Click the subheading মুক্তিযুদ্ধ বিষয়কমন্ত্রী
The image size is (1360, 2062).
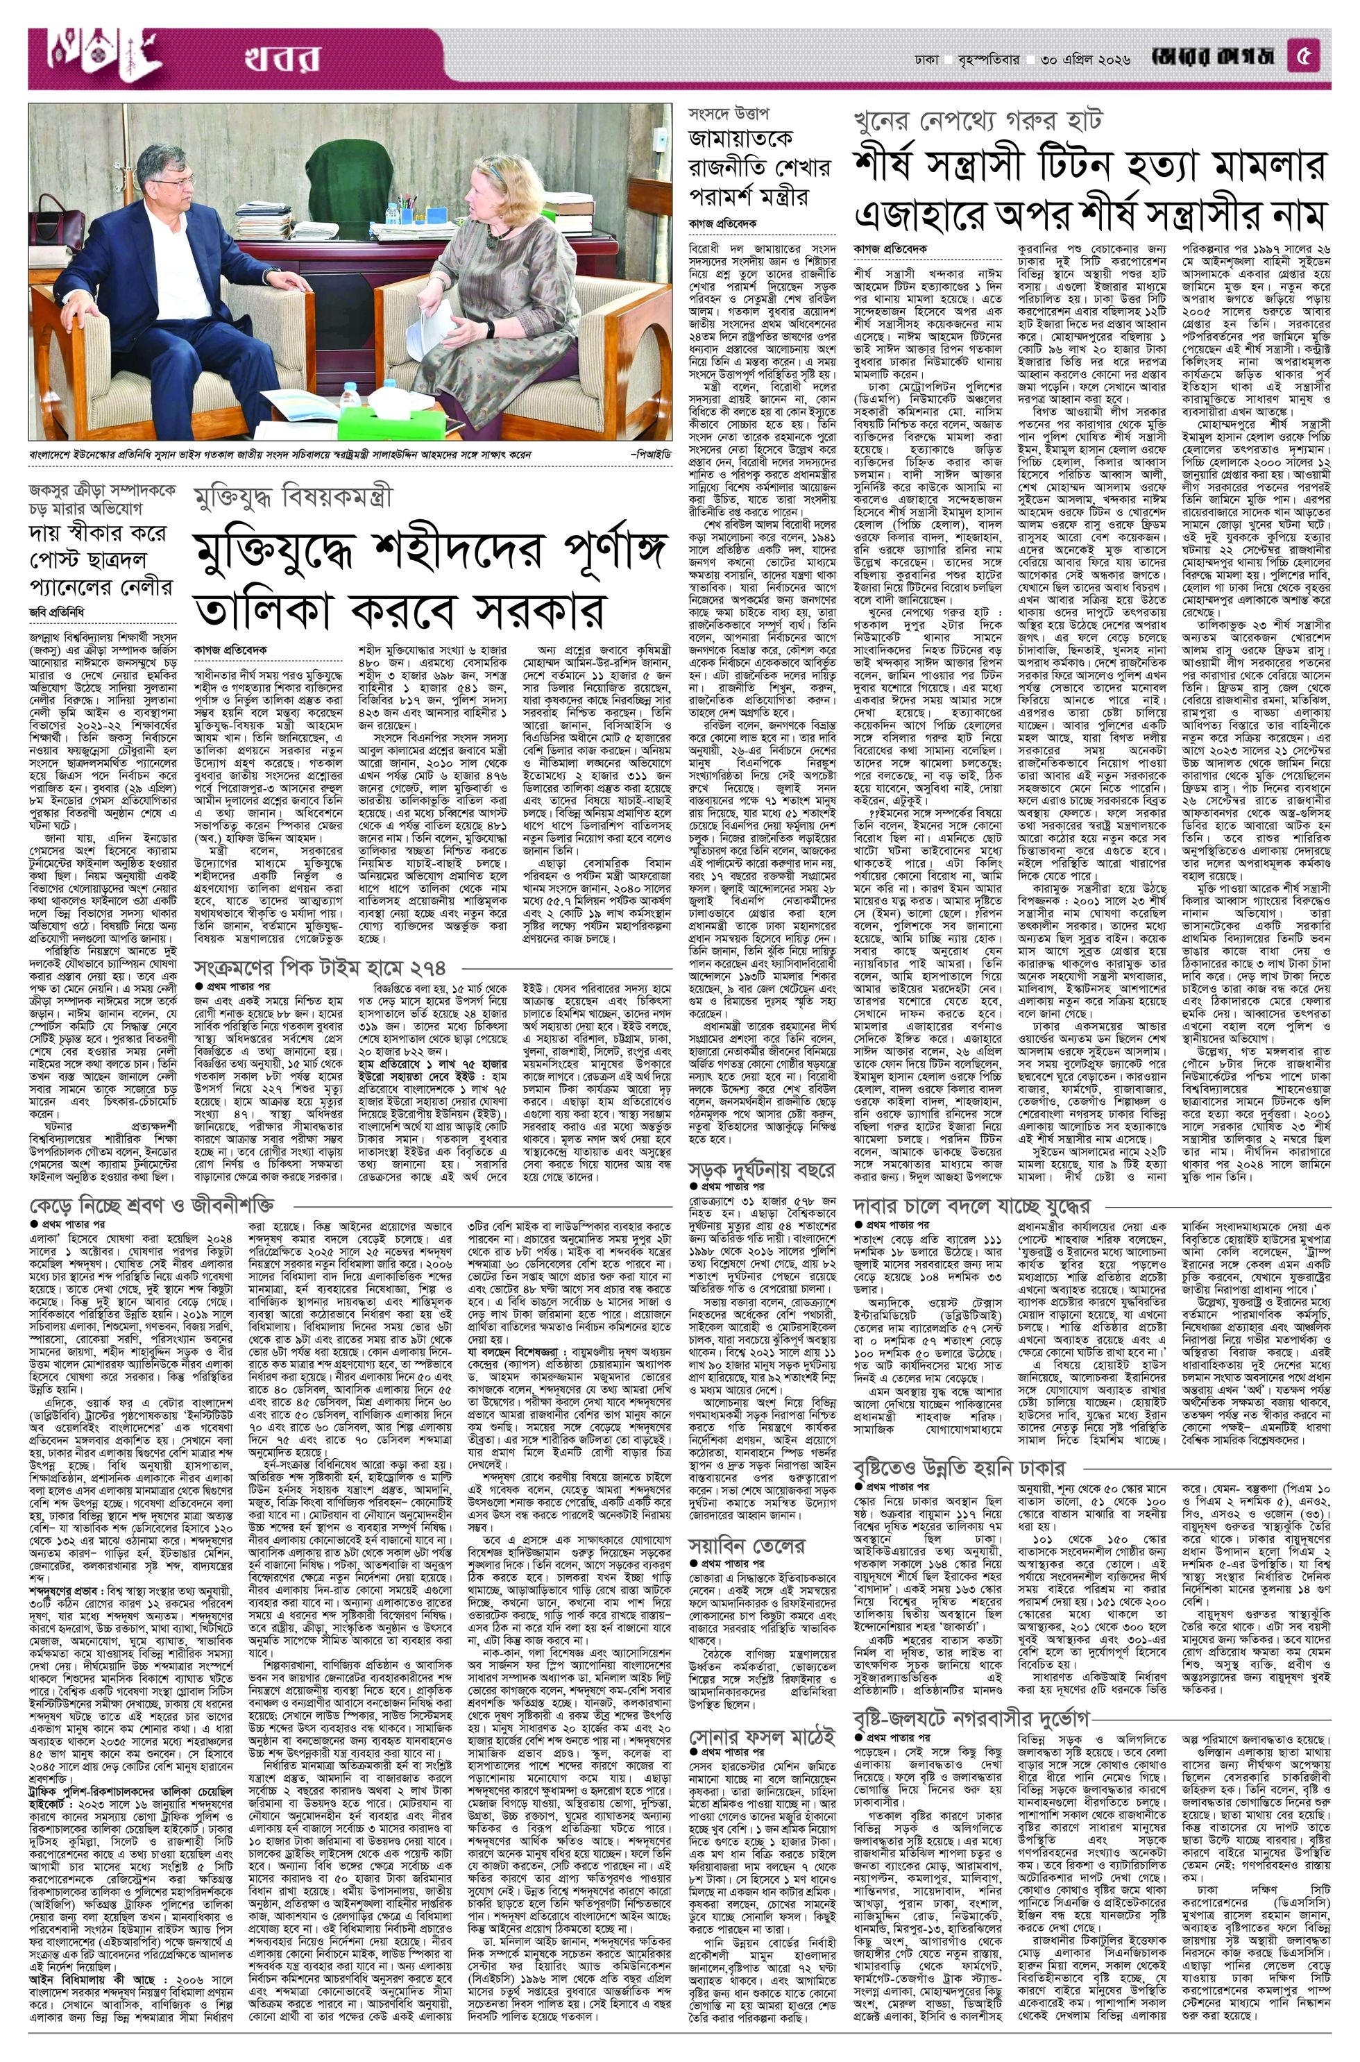coord(294,498)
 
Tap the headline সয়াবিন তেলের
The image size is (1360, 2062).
coord(749,1545)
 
